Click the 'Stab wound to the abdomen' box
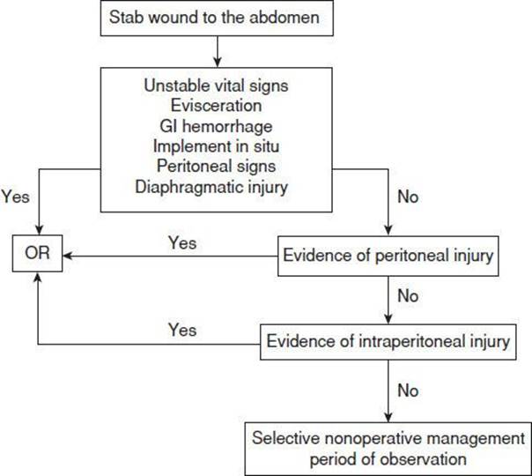(x=217, y=18)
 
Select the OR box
(x=37, y=253)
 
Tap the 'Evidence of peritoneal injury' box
(x=388, y=256)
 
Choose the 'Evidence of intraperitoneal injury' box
(x=388, y=342)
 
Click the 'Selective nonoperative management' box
(x=388, y=449)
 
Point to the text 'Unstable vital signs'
(x=216, y=86)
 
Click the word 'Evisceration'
(x=216, y=105)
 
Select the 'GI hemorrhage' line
(x=216, y=126)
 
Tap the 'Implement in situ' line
(x=216, y=146)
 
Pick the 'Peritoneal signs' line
(x=216, y=167)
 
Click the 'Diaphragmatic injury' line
(x=211, y=187)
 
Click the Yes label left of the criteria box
(x=16, y=197)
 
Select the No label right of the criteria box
(x=408, y=197)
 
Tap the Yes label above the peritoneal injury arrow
(x=182, y=243)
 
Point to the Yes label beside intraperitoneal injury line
(x=182, y=330)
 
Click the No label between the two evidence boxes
(x=408, y=296)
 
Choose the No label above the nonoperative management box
(x=408, y=390)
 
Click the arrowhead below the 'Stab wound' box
(x=218, y=63)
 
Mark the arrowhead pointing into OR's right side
(x=68, y=256)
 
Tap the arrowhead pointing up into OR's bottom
(x=38, y=278)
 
